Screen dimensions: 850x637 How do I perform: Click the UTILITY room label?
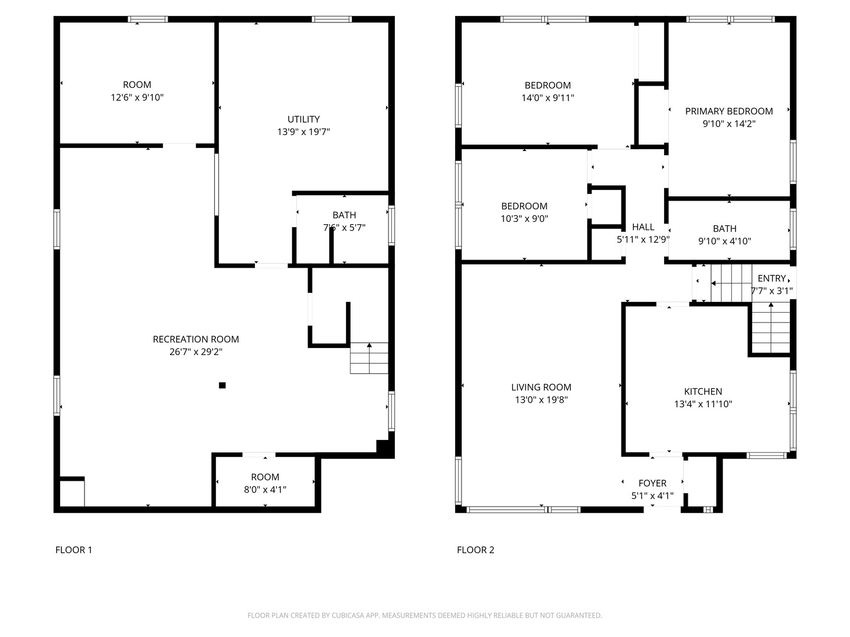303,119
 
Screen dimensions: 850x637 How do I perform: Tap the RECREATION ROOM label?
195,339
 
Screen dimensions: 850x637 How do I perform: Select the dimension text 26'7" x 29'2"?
195,352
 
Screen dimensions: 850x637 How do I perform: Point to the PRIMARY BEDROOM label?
729,111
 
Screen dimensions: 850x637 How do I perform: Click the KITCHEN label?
703,392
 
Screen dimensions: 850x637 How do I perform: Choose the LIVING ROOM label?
541,387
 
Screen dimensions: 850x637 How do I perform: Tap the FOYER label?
652,483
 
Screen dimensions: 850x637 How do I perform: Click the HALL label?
643,227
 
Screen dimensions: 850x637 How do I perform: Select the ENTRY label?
771,278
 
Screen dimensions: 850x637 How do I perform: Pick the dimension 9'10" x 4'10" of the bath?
724,241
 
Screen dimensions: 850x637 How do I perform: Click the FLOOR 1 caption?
74,550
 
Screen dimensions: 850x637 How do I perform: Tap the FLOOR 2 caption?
476,550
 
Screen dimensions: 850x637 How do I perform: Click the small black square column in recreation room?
223,385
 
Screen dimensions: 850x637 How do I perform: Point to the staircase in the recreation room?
369,358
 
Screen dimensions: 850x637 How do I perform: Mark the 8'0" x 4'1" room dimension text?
265,490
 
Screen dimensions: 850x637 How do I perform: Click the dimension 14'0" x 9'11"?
548,98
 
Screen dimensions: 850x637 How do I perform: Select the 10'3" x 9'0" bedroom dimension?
524,218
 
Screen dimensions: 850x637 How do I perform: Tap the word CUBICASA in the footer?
348,615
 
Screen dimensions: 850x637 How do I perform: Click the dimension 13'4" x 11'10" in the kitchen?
703,404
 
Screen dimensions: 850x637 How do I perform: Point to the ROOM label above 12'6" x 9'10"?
137,85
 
